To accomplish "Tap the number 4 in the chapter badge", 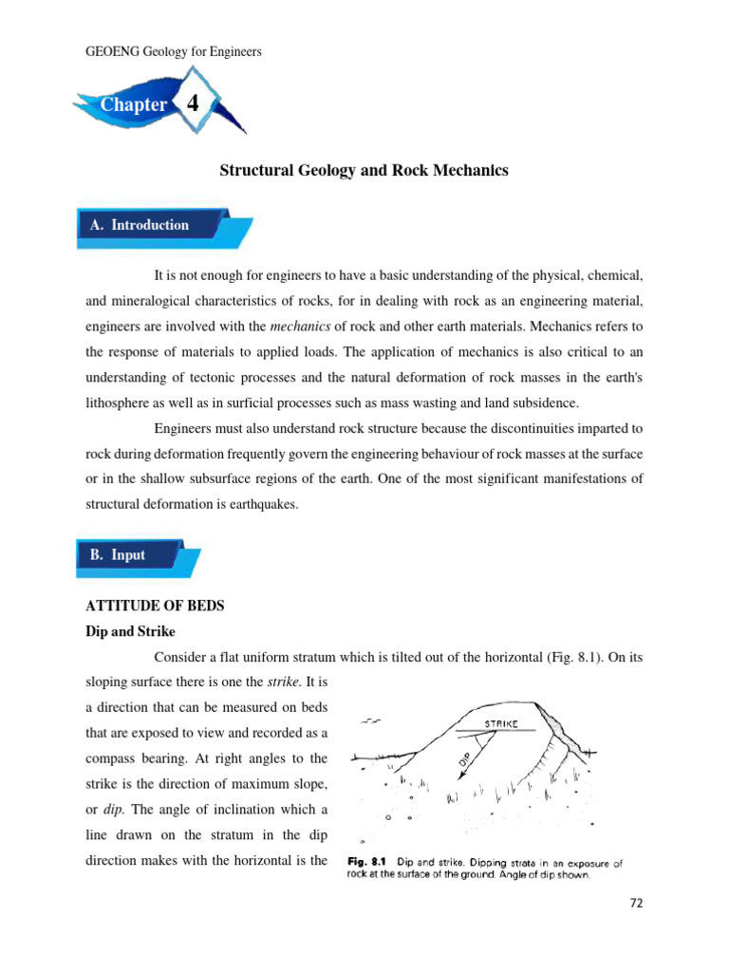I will pos(194,103).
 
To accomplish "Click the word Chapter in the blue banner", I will pos(135,105).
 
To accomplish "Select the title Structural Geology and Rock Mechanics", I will pos(364,171).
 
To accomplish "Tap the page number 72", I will pos(636,904).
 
